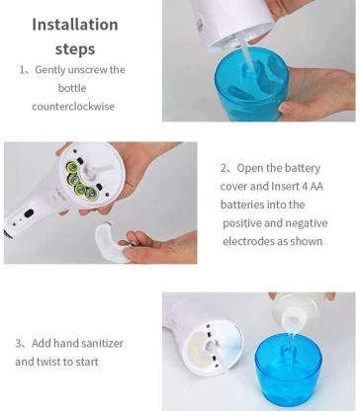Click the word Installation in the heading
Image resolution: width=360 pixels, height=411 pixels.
coord(74,24)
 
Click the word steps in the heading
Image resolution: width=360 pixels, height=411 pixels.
coord(74,46)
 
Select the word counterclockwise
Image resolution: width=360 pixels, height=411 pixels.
coord(75,106)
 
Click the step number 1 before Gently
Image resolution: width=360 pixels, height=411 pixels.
coord(23,70)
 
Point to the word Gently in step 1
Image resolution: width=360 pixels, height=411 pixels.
coord(52,70)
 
